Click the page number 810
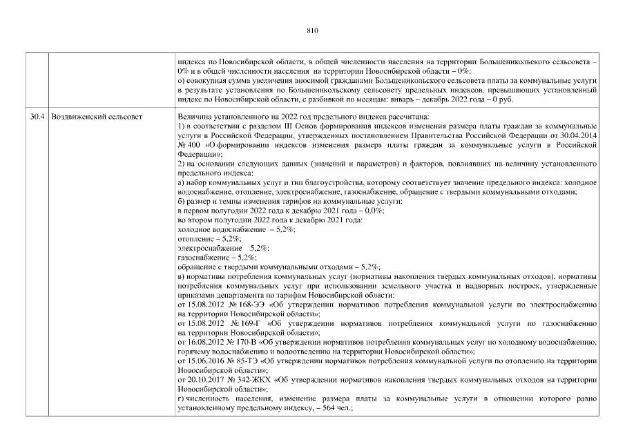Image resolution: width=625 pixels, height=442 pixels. [x=311, y=30]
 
